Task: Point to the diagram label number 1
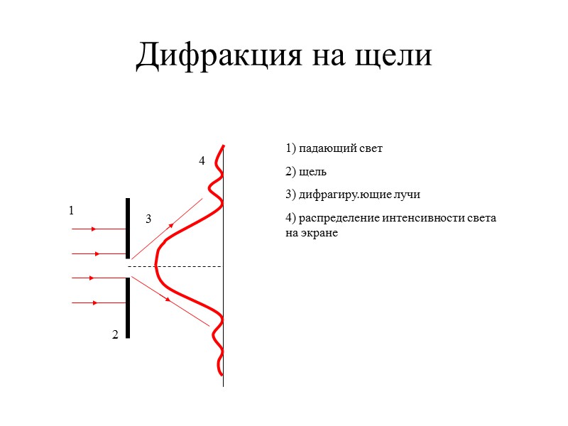71,211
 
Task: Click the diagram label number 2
115,334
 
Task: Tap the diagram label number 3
148,219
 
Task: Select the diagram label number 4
202,161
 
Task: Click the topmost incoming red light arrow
98,229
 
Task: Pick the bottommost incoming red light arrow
95,303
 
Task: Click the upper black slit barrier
128,227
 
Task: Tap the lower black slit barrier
128,307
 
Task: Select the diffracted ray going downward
169,300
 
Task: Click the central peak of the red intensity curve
156,266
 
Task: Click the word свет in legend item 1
371,149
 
